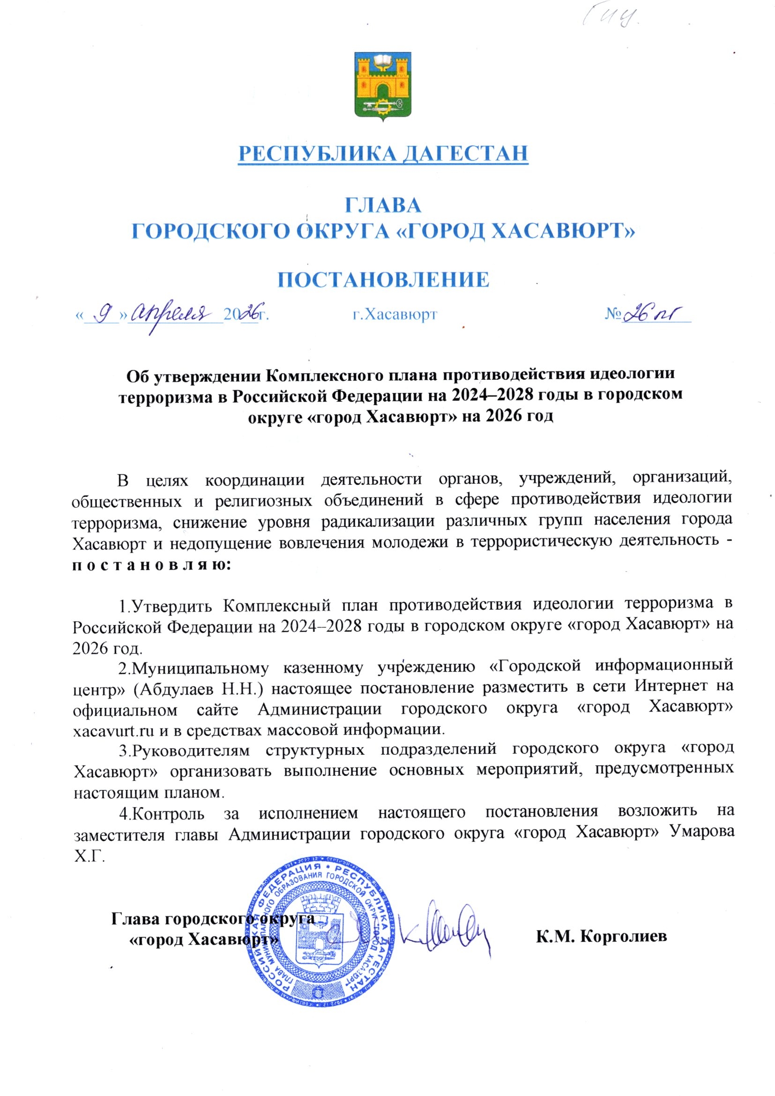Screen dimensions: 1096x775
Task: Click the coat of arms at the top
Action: [383, 85]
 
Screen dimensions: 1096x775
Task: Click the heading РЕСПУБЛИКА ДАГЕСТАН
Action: [383, 154]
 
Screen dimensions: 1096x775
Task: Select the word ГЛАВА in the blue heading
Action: [383, 205]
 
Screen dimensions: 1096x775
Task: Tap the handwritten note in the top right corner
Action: [611, 19]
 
